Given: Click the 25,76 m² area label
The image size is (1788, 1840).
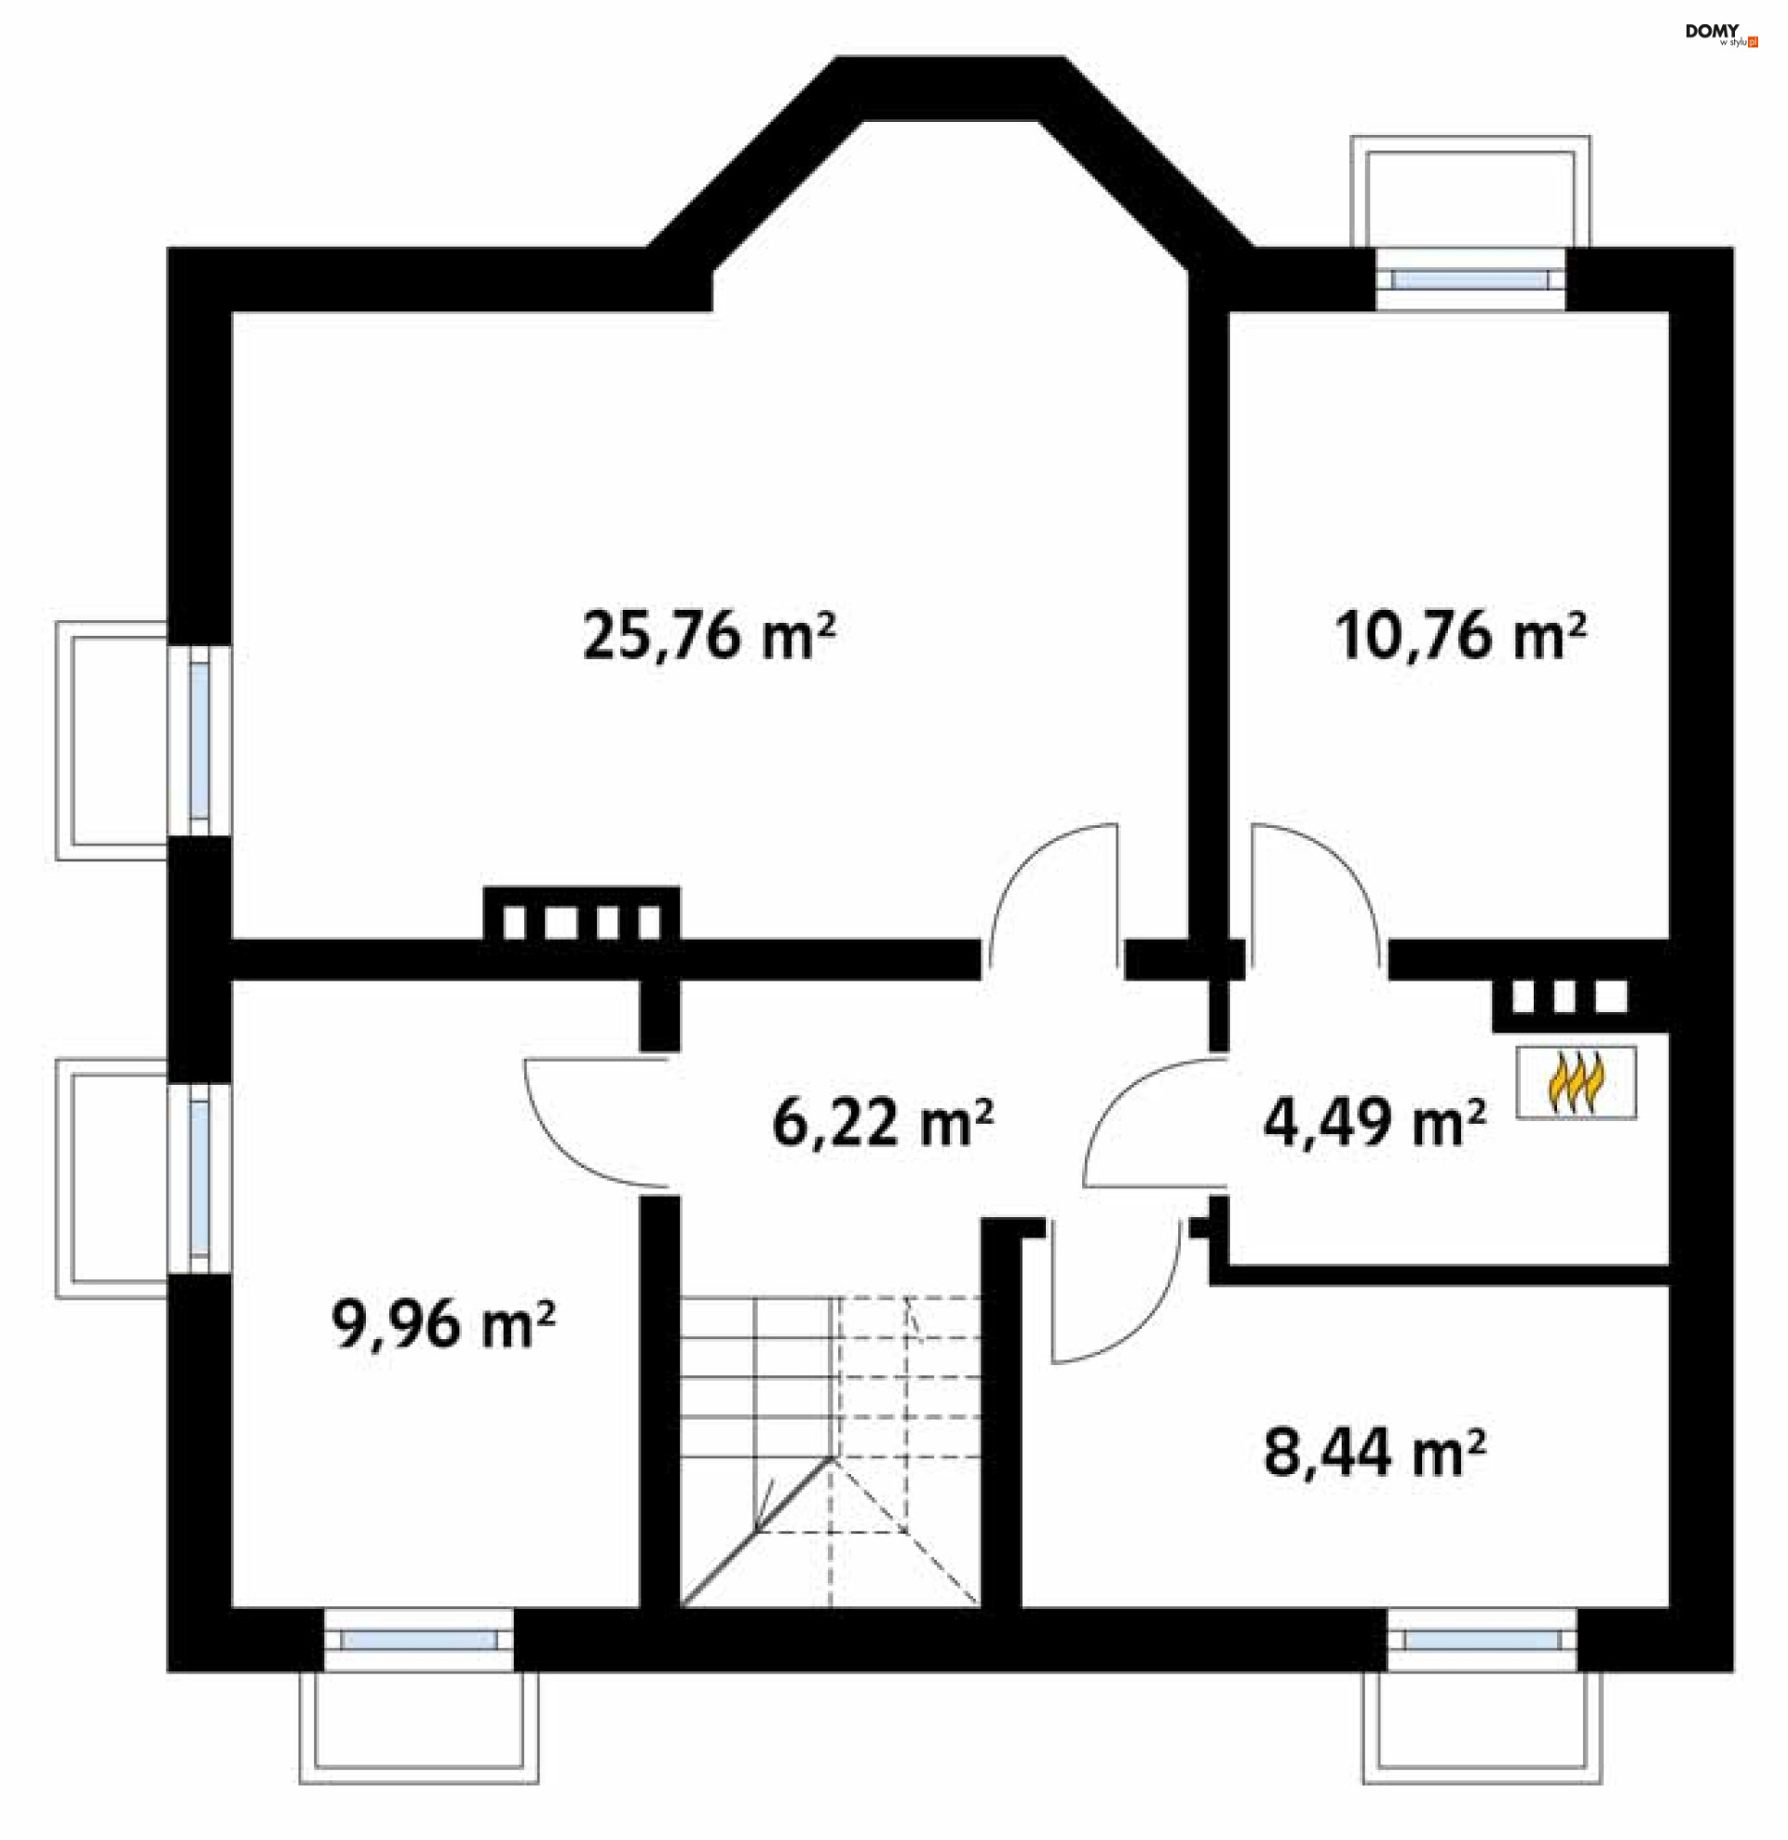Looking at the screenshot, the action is (708, 636).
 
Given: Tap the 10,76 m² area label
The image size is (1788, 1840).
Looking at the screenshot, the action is (1460, 636).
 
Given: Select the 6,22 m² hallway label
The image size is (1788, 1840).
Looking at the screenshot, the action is (882, 1123).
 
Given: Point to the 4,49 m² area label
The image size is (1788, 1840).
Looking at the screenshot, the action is (1374, 1123).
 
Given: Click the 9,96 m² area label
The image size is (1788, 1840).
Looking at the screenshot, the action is (442, 1325).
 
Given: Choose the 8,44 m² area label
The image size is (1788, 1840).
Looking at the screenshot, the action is (1374, 1454).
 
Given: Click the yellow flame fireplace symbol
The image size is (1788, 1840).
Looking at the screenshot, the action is (1576, 1082).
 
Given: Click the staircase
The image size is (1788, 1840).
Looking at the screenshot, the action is (830, 1452).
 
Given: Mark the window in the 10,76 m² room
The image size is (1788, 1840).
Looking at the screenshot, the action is (1470, 278).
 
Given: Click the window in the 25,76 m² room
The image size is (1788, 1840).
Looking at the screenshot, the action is (199, 740).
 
